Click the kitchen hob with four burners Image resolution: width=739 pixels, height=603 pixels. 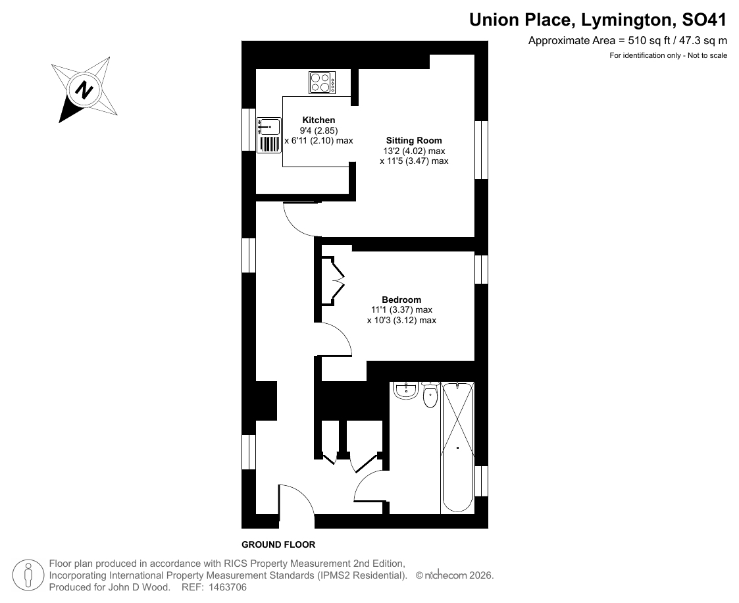click(322, 82)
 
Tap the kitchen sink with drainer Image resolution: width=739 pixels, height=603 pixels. click(269, 136)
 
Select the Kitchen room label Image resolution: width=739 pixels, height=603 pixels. click(319, 120)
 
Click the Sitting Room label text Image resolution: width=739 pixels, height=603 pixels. click(414, 140)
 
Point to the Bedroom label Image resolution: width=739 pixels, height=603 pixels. click(401, 300)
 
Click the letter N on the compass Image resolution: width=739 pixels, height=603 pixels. click(84, 90)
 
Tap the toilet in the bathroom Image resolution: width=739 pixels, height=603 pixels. click(430, 395)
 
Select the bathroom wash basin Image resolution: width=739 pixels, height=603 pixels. click(406, 391)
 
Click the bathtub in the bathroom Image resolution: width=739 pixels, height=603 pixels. click(457, 448)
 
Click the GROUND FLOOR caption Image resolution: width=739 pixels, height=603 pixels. click(278, 545)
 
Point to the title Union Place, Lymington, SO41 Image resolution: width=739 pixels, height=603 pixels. click(598, 20)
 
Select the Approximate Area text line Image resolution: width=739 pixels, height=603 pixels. click(628, 41)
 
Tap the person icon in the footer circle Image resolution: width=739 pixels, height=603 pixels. click(28, 575)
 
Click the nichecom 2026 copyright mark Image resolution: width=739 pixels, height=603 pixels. click(454, 575)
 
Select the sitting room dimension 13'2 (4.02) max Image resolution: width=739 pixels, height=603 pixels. click(414, 151)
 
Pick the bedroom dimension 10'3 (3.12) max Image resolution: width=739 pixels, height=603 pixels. click(401, 321)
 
